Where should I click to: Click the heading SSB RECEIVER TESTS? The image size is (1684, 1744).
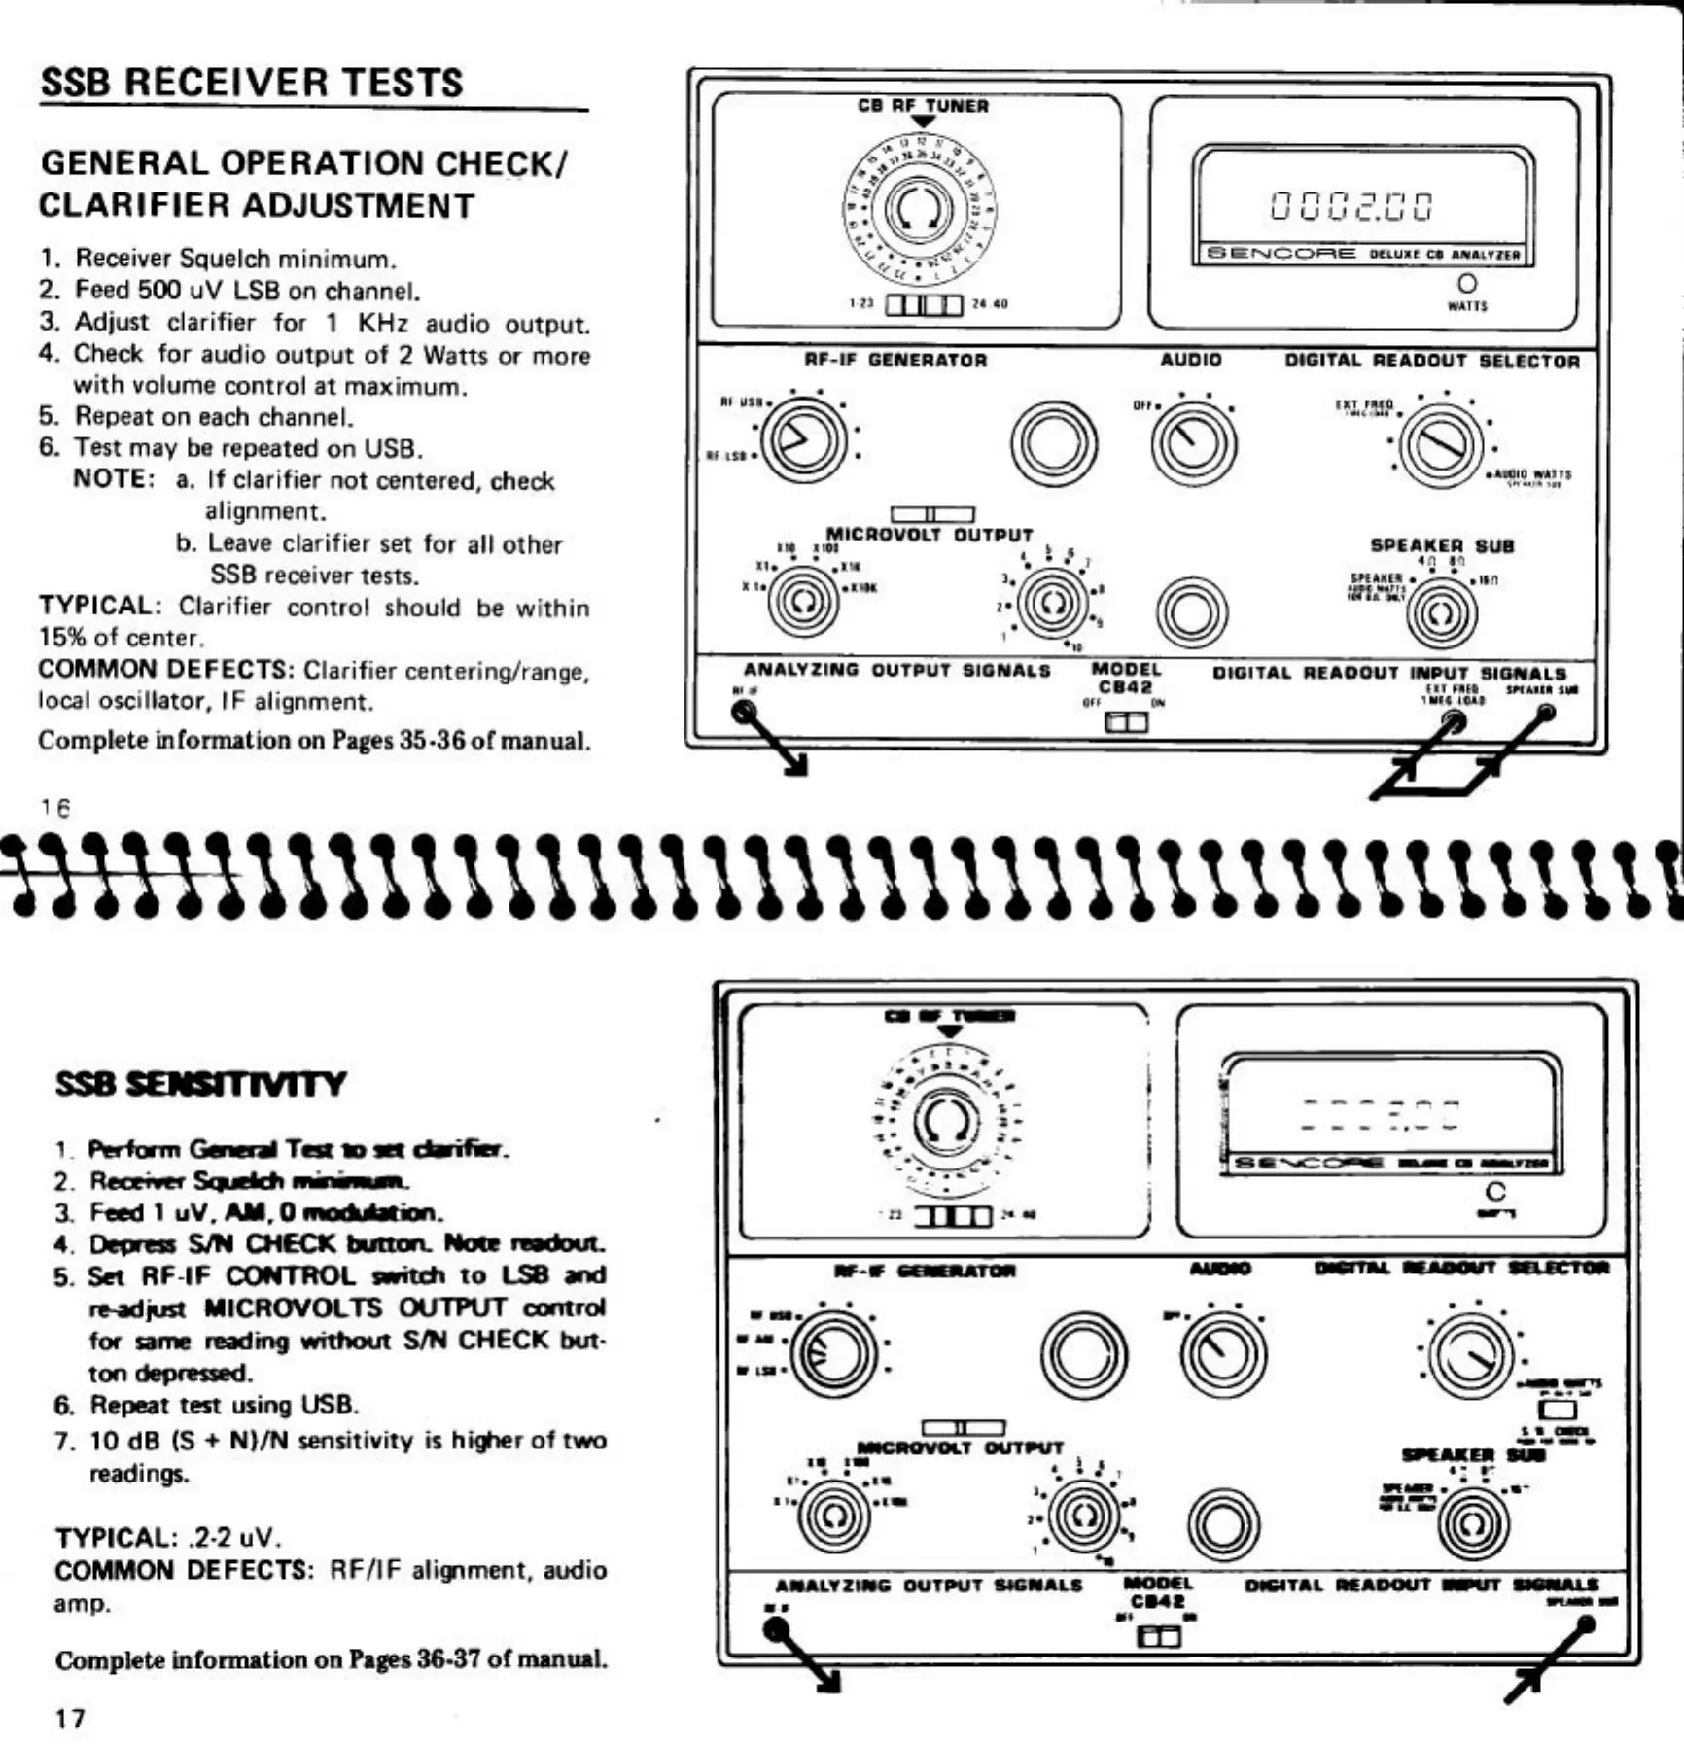click(x=252, y=83)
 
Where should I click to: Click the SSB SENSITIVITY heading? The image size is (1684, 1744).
click(x=200, y=1084)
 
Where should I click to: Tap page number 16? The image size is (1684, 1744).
click(x=55, y=807)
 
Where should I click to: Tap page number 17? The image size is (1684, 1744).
click(x=69, y=1718)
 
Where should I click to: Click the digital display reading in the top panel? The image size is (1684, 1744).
click(x=1352, y=206)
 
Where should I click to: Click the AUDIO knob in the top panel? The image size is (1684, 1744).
click(x=1193, y=442)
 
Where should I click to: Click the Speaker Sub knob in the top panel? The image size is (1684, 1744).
click(x=1442, y=612)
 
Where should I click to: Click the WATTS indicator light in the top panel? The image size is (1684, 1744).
click(x=1467, y=283)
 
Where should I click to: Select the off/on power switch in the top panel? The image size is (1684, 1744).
click(x=1126, y=722)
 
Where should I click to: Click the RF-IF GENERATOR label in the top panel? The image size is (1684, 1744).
click(x=895, y=361)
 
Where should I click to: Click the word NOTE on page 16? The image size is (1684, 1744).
click(x=113, y=479)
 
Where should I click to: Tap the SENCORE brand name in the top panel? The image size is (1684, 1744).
click(x=1281, y=254)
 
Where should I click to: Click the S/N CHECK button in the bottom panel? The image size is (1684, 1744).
click(x=1559, y=1409)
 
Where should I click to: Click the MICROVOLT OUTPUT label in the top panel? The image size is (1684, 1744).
click(x=929, y=535)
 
